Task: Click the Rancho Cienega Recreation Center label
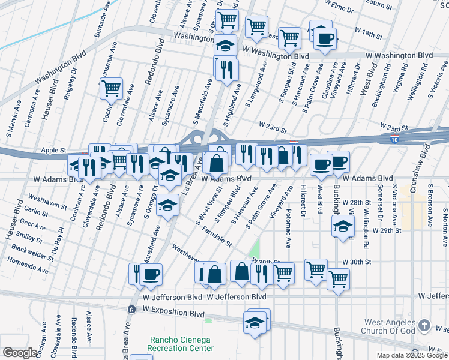(181, 344)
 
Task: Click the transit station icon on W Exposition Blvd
(131, 309)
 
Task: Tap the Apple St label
(52, 150)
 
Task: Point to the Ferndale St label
(217, 236)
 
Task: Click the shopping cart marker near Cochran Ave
(112, 88)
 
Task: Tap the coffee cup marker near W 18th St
(325, 39)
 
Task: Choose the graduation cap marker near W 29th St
(342, 227)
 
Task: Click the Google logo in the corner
(20, 353)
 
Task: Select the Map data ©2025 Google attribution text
(412, 355)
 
